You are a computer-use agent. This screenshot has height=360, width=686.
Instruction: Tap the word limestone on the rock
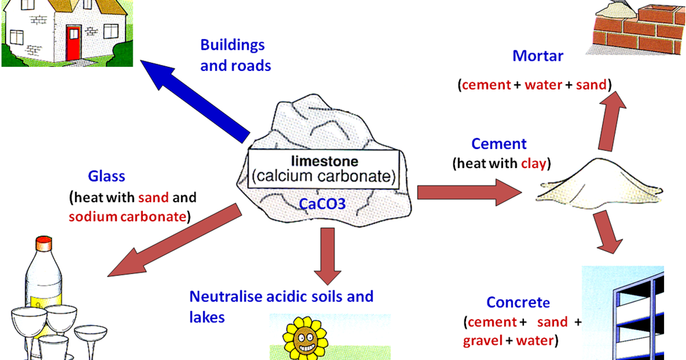coord(322,163)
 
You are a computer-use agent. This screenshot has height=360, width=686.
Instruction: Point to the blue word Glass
coord(107,176)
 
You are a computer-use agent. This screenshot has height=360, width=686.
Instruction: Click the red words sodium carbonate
coord(128,217)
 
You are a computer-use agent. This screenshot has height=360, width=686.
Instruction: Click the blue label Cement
coord(499,144)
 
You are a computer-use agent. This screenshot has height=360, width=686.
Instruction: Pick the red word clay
coord(535,164)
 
